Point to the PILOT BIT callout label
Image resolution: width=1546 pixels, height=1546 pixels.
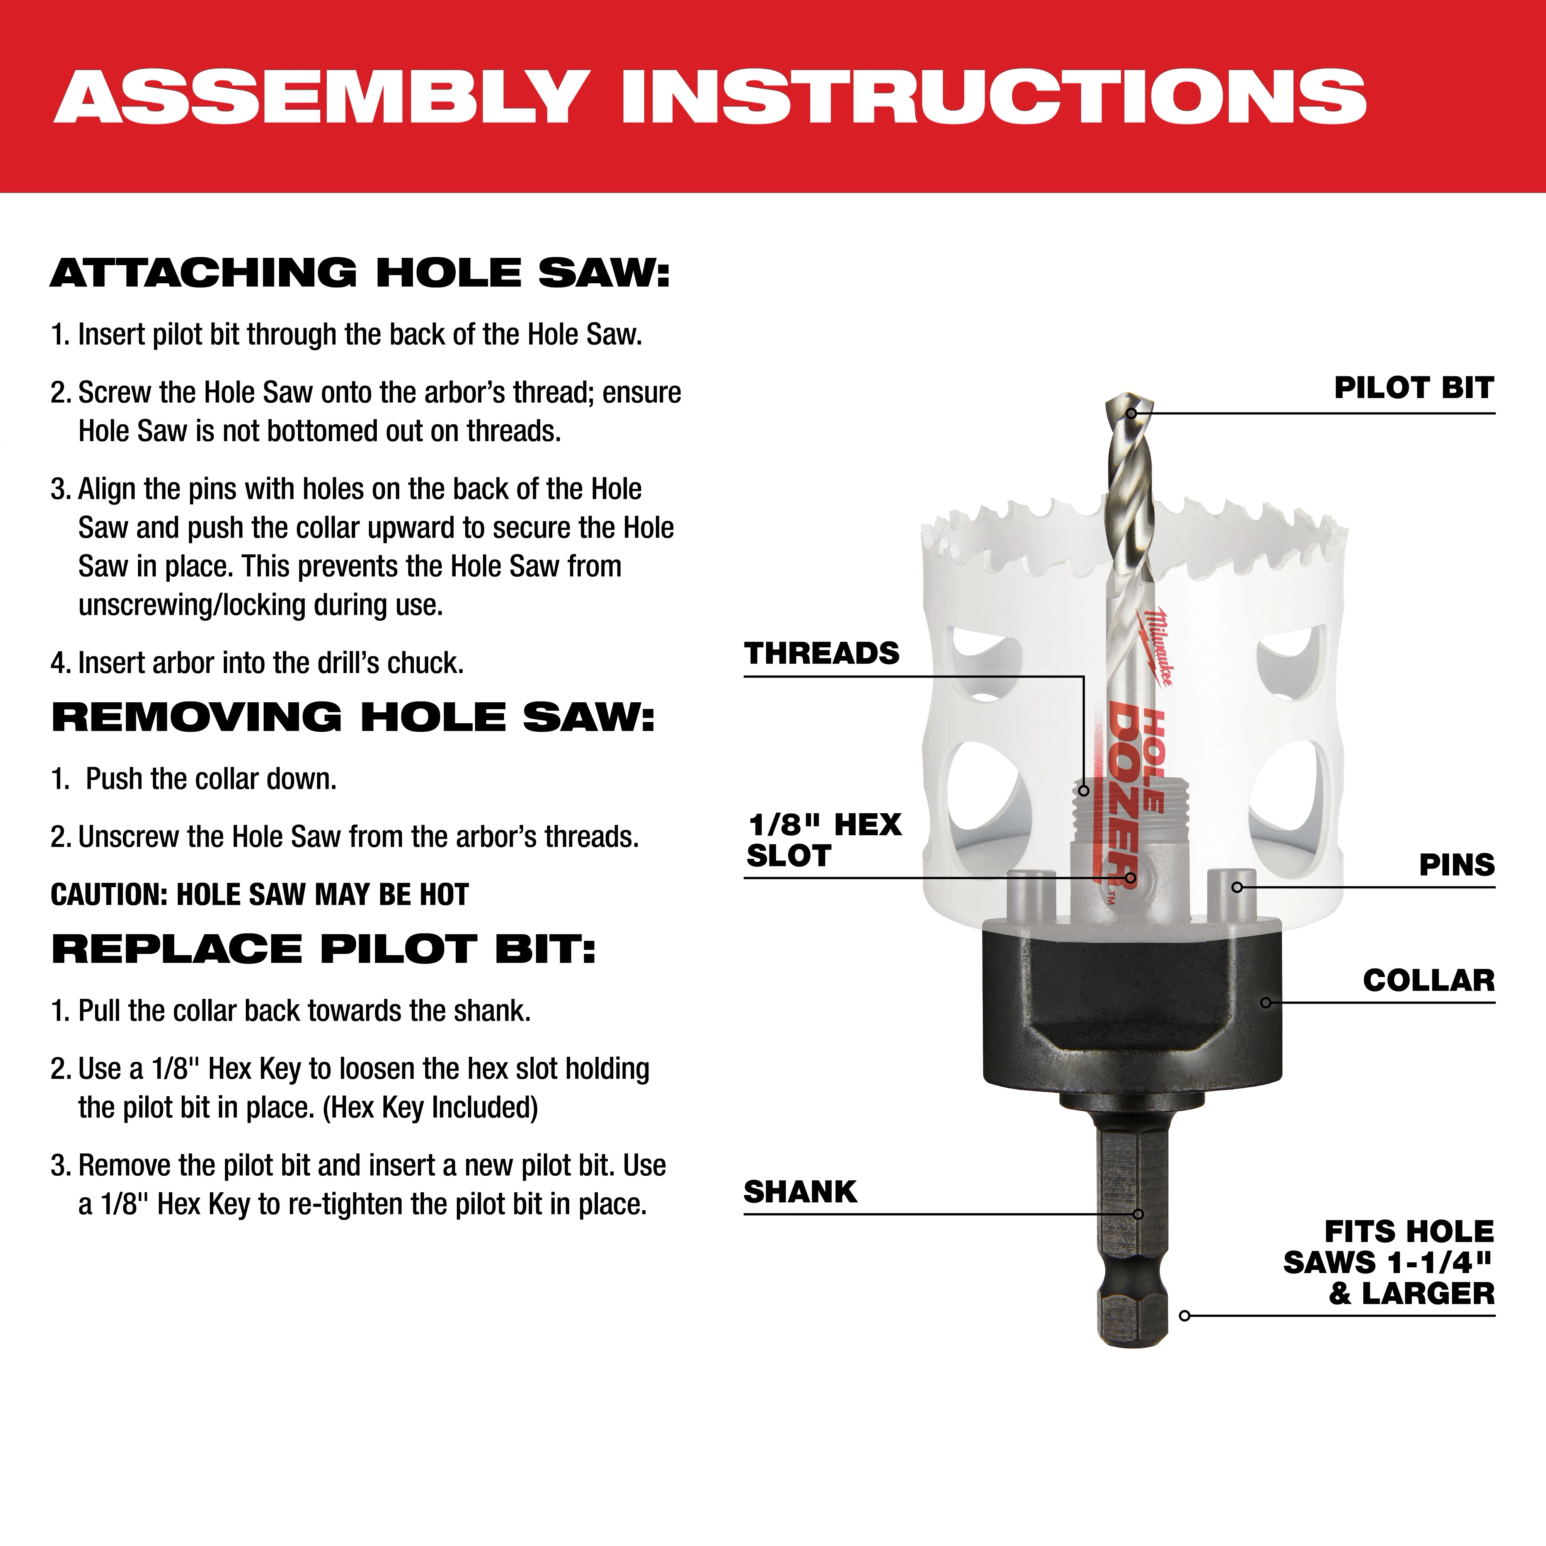point(1413,388)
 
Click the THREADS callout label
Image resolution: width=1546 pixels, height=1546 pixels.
point(822,654)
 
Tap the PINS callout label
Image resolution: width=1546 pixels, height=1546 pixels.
point(1456,865)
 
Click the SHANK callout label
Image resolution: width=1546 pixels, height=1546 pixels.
point(800,1192)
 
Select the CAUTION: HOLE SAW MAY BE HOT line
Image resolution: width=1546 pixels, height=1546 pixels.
point(259,895)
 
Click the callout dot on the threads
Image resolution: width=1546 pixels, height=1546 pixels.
point(1083,791)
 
